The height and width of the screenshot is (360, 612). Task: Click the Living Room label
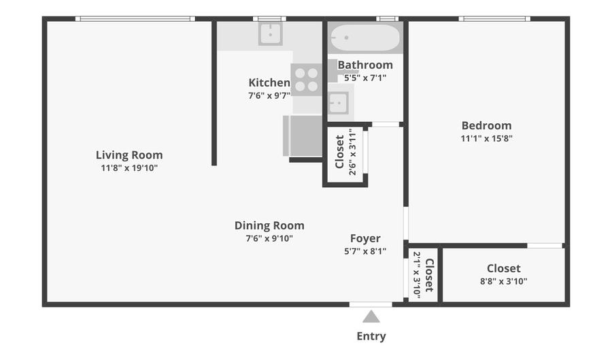[129, 155]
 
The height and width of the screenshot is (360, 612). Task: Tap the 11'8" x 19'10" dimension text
[129, 168]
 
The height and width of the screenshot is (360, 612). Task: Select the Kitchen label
[269, 83]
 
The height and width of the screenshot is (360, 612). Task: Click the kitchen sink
[270, 34]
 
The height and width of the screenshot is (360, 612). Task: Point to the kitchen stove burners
[307, 80]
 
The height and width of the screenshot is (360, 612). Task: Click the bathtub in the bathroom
[365, 37]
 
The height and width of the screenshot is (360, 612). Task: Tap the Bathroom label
[365, 65]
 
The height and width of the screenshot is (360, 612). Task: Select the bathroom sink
[338, 103]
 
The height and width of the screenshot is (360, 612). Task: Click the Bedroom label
[486, 125]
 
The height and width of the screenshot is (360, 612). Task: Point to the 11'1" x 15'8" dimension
[486, 138]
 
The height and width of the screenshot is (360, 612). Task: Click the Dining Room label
[269, 226]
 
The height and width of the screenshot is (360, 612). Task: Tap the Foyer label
[365, 238]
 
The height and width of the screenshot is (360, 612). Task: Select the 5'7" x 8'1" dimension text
[365, 251]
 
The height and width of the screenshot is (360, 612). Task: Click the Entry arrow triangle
[371, 316]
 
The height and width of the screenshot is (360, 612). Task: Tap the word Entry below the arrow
[371, 336]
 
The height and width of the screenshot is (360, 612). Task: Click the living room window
[135, 19]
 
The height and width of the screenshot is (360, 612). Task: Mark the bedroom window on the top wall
[494, 19]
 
